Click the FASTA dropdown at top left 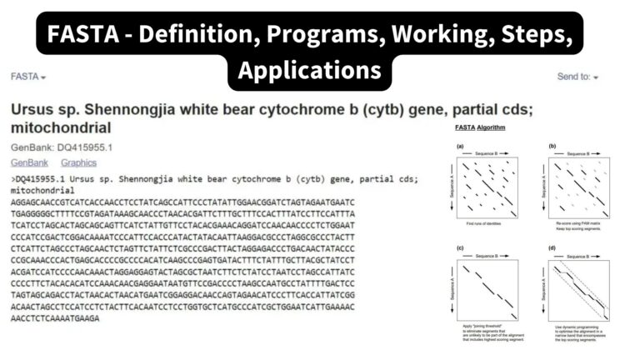[27, 77]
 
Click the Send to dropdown [577, 77]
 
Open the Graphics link [78, 162]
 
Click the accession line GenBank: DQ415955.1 [62, 147]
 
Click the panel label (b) [552, 147]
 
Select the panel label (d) [552, 249]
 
